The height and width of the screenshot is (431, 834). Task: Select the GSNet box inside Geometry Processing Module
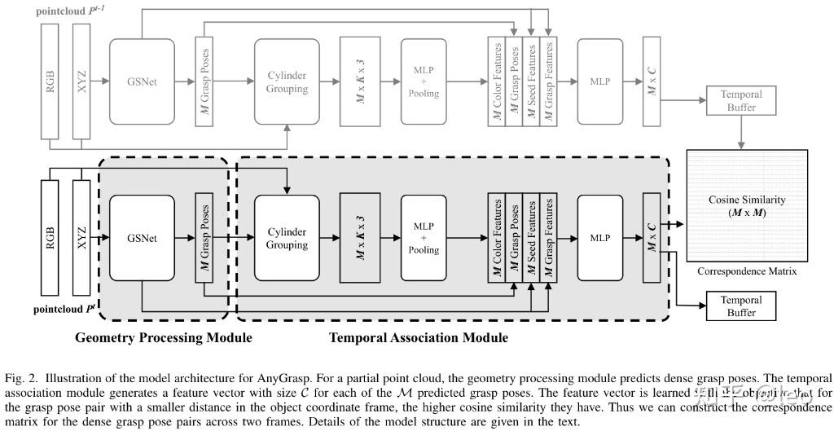[x=142, y=239]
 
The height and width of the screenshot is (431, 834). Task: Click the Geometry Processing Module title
[x=163, y=337]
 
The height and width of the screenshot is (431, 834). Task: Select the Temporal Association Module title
[x=418, y=337]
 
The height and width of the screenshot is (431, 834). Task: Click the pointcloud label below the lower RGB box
[x=64, y=310]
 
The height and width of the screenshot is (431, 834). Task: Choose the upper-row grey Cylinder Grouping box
[x=287, y=81]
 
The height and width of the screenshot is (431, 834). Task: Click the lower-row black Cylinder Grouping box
[x=287, y=239]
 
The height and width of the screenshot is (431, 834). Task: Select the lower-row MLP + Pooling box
[x=424, y=239]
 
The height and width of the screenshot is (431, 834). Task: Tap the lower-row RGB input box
[x=50, y=239]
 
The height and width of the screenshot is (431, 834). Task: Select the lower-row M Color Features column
[x=496, y=239]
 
